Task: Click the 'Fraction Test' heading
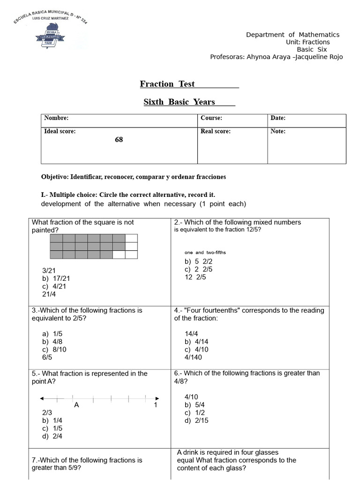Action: pyautogui.click(x=167, y=84)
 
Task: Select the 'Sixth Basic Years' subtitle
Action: pyautogui.click(x=179, y=102)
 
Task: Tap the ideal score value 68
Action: pyautogui.click(x=119, y=140)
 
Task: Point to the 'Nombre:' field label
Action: pyautogui.click(x=56, y=118)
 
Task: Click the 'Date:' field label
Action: pyautogui.click(x=278, y=118)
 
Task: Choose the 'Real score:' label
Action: pyautogui.click(x=216, y=131)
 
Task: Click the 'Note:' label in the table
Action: pyautogui.click(x=278, y=131)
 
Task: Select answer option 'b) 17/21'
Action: pyautogui.click(x=56, y=278)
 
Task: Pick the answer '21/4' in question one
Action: pyautogui.click(x=49, y=294)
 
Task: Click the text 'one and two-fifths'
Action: pyautogui.click(x=205, y=253)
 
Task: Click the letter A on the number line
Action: pyautogui.click(x=76, y=405)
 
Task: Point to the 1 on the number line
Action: pyautogui.click(x=156, y=405)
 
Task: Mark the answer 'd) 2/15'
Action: pyautogui.click(x=196, y=420)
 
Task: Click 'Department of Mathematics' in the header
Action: pyautogui.click(x=292, y=35)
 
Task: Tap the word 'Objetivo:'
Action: pyautogui.click(x=55, y=177)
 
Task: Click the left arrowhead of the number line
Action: pyautogui.click(x=42, y=398)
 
